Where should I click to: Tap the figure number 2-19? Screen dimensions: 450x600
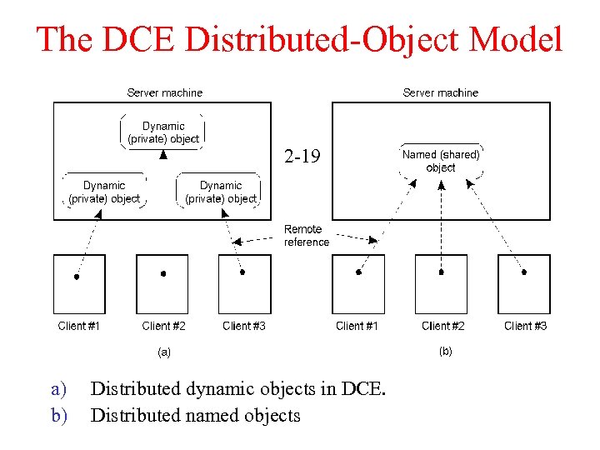[301, 157]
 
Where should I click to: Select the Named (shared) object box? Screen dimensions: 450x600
[441, 161]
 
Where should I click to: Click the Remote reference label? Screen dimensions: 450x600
[306, 236]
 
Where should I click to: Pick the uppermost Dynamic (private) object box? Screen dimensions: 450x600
[163, 132]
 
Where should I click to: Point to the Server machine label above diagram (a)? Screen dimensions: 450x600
[164, 92]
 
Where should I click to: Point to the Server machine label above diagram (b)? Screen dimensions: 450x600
[440, 92]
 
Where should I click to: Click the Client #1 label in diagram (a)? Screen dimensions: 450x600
[79, 326]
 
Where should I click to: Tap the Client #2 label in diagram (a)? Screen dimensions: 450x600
[163, 326]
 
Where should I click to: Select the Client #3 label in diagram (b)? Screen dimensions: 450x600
[525, 326]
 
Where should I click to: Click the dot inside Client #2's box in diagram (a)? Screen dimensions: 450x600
[163, 273]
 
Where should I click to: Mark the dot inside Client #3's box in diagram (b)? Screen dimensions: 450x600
[524, 272]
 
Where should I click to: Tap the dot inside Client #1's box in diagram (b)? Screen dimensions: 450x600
[358, 272]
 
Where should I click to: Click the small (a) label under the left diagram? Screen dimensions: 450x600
[164, 352]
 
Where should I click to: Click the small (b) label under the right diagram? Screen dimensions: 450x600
[445, 352]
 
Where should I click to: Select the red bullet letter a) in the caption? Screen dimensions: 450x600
[57, 389]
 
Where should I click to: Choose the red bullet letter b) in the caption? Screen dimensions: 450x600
[57, 414]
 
